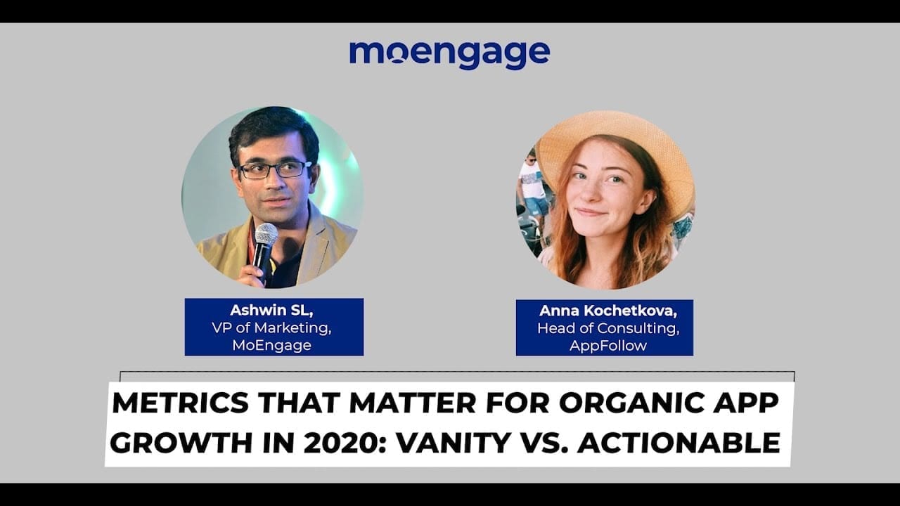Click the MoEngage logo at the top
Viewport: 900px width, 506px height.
[449, 53]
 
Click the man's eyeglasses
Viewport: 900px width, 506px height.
[274, 169]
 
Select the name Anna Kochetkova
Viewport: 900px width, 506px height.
[604, 311]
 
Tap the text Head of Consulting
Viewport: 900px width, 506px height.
[603, 327]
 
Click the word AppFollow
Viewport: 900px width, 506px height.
[603, 345]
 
